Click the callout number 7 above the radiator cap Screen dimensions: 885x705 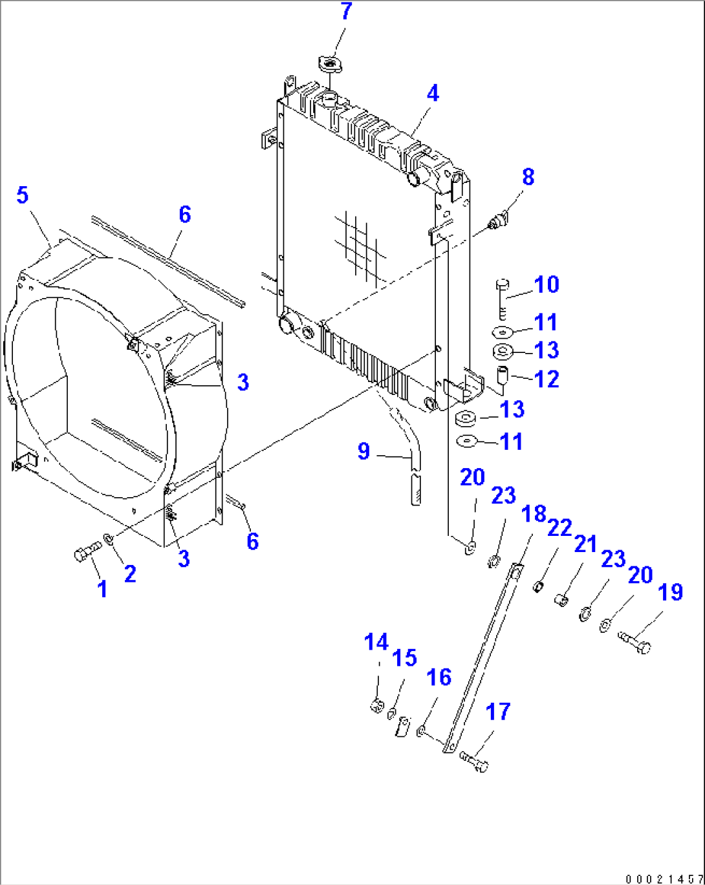346,12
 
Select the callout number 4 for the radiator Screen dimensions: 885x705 432,94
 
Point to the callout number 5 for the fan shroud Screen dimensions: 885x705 23,195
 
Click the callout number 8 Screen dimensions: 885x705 528,176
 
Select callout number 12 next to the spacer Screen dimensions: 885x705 547,379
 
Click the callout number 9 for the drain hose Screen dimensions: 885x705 363,451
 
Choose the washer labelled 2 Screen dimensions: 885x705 109,538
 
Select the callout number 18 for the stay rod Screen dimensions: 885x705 534,514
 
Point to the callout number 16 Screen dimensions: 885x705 439,677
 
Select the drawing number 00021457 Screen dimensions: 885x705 663,879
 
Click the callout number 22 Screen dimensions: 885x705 559,528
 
